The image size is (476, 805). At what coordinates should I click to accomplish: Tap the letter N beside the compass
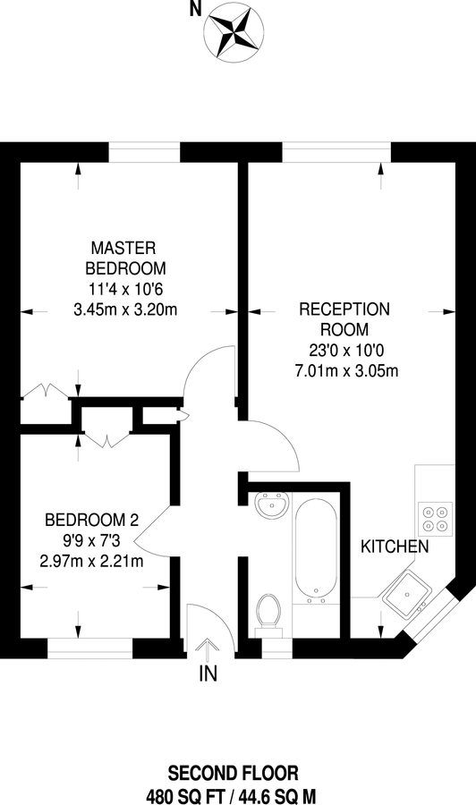[194, 11]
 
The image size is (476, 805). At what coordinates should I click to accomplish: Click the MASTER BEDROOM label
[125, 257]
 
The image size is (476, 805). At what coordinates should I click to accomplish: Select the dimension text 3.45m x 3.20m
[125, 310]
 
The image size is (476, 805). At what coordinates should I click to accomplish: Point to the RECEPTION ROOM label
[344, 319]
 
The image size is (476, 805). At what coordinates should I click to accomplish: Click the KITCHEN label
[395, 546]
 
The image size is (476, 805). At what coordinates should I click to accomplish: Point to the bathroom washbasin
[269, 507]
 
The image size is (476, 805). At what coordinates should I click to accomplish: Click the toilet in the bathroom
[268, 613]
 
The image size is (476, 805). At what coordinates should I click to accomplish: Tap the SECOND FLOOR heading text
[237, 772]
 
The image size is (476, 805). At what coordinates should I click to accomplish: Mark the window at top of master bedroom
[144, 152]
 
